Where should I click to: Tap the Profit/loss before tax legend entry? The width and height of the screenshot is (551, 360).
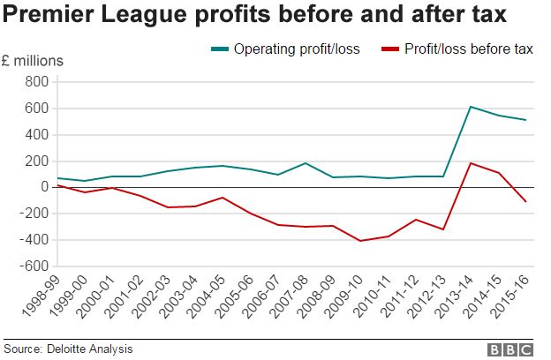tap(456, 49)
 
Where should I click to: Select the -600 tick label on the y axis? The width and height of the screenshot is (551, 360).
tap(33, 266)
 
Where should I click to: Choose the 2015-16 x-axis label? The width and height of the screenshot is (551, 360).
tap(514, 296)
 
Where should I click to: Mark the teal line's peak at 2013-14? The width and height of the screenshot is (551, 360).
tap(471, 107)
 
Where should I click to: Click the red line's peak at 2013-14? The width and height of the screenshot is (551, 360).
tap(471, 163)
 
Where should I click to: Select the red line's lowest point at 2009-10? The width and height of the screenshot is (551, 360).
tap(359, 241)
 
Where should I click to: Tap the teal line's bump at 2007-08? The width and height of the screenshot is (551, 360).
tap(304, 163)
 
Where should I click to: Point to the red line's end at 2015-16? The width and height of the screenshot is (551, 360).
tap(526, 202)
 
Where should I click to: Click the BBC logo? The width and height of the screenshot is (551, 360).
tap(511, 349)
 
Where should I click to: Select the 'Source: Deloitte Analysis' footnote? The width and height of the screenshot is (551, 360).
tap(68, 349)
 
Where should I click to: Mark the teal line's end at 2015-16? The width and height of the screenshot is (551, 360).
tap(526, 120)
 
